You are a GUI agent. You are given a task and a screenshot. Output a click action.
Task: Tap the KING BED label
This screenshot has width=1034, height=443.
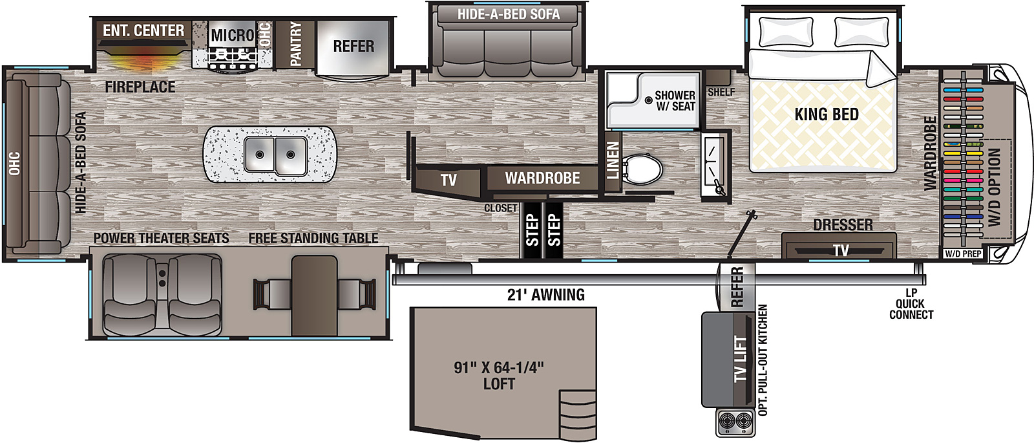(826, 115)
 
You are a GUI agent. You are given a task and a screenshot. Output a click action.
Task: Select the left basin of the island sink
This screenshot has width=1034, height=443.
(259, 155)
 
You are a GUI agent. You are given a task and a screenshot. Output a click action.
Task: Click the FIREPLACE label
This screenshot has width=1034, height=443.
(140, 87)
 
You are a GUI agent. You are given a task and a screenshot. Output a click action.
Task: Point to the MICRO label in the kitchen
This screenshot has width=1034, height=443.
(232, 35)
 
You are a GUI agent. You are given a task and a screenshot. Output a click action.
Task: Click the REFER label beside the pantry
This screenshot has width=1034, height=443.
(353, 47)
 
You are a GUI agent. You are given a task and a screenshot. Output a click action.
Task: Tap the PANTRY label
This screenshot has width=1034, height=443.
(296, 43)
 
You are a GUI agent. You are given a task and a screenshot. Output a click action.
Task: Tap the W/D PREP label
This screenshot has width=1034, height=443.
(963, 254)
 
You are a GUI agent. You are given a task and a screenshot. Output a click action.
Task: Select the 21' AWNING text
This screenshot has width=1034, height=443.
(545, 296)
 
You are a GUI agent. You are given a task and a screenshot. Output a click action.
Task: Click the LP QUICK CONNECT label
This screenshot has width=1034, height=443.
(911, 304)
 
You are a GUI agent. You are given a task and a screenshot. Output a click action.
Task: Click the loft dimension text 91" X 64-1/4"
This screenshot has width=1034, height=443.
(498, 368)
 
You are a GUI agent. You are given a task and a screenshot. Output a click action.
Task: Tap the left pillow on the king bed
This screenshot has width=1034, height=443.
(786, 31)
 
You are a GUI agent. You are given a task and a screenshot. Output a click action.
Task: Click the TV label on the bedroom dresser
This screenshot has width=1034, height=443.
(840, 251)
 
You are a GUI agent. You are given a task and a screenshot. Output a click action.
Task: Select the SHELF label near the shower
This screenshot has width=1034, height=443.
(721, 92)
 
